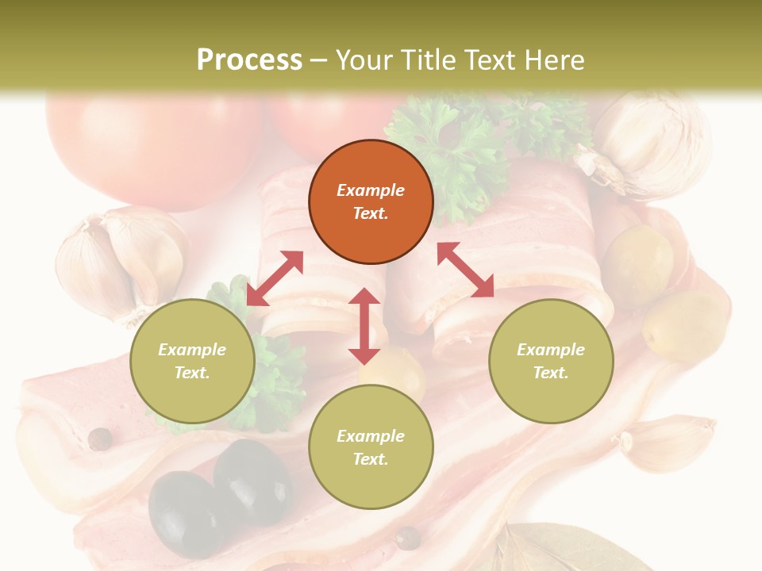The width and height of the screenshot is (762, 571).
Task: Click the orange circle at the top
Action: pyautogui.click(x=371, y=202)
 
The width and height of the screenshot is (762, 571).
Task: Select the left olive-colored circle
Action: pyautogui.click(x=192, y=361)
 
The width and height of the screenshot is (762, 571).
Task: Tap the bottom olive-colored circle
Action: pyautogui.click(x=371, y=447)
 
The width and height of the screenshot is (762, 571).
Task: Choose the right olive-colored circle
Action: pyautogui.click(x=551, y=361)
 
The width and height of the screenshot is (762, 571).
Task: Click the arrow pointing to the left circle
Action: pyautogui.click(x=275, y=278)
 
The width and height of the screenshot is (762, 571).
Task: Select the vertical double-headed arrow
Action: pyautogui.click(x=364, y=326)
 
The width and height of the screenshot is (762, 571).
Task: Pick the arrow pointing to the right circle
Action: pyautogui.click(x=465, y=270)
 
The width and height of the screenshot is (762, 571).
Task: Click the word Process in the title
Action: pyautogui.click(x=249, y=59)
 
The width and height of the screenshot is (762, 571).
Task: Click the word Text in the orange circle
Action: pyautogui.click(x=371, y=213)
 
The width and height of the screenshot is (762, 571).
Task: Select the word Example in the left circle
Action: pyautogui.click(x=192, y=350)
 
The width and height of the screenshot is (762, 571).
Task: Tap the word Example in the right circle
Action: pyautogui.click(x=551, y=350)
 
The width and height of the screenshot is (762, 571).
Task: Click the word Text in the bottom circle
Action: pyautogui.click(x=371, y=459)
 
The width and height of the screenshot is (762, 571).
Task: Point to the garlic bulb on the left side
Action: pyautogui.click(x=119, y=262)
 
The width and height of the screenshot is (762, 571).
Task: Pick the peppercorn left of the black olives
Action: pyautogui.click(x=100, y=439)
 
